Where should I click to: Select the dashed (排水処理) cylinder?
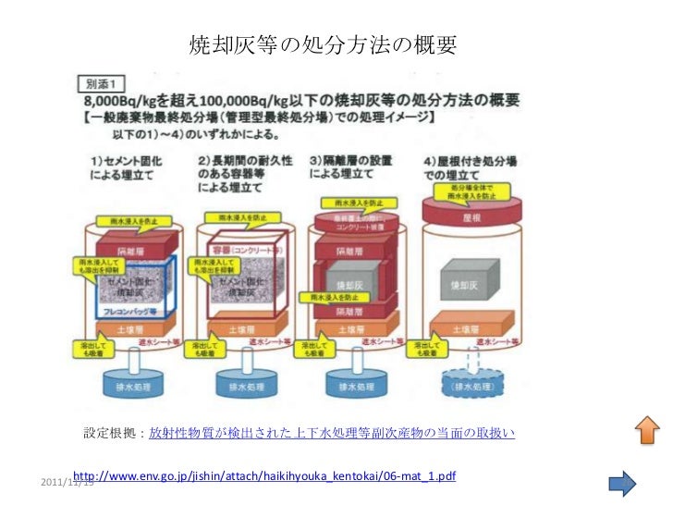470,386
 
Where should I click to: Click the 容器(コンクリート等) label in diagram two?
239,249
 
